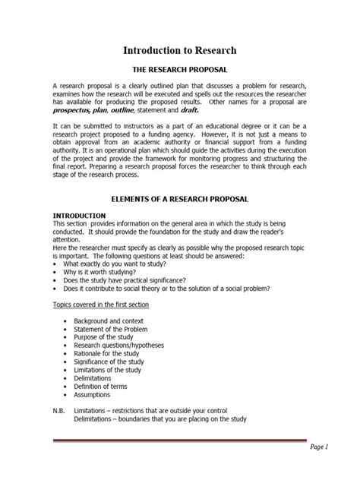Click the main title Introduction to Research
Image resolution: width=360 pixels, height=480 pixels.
180,51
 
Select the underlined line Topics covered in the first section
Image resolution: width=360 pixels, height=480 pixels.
99,304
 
